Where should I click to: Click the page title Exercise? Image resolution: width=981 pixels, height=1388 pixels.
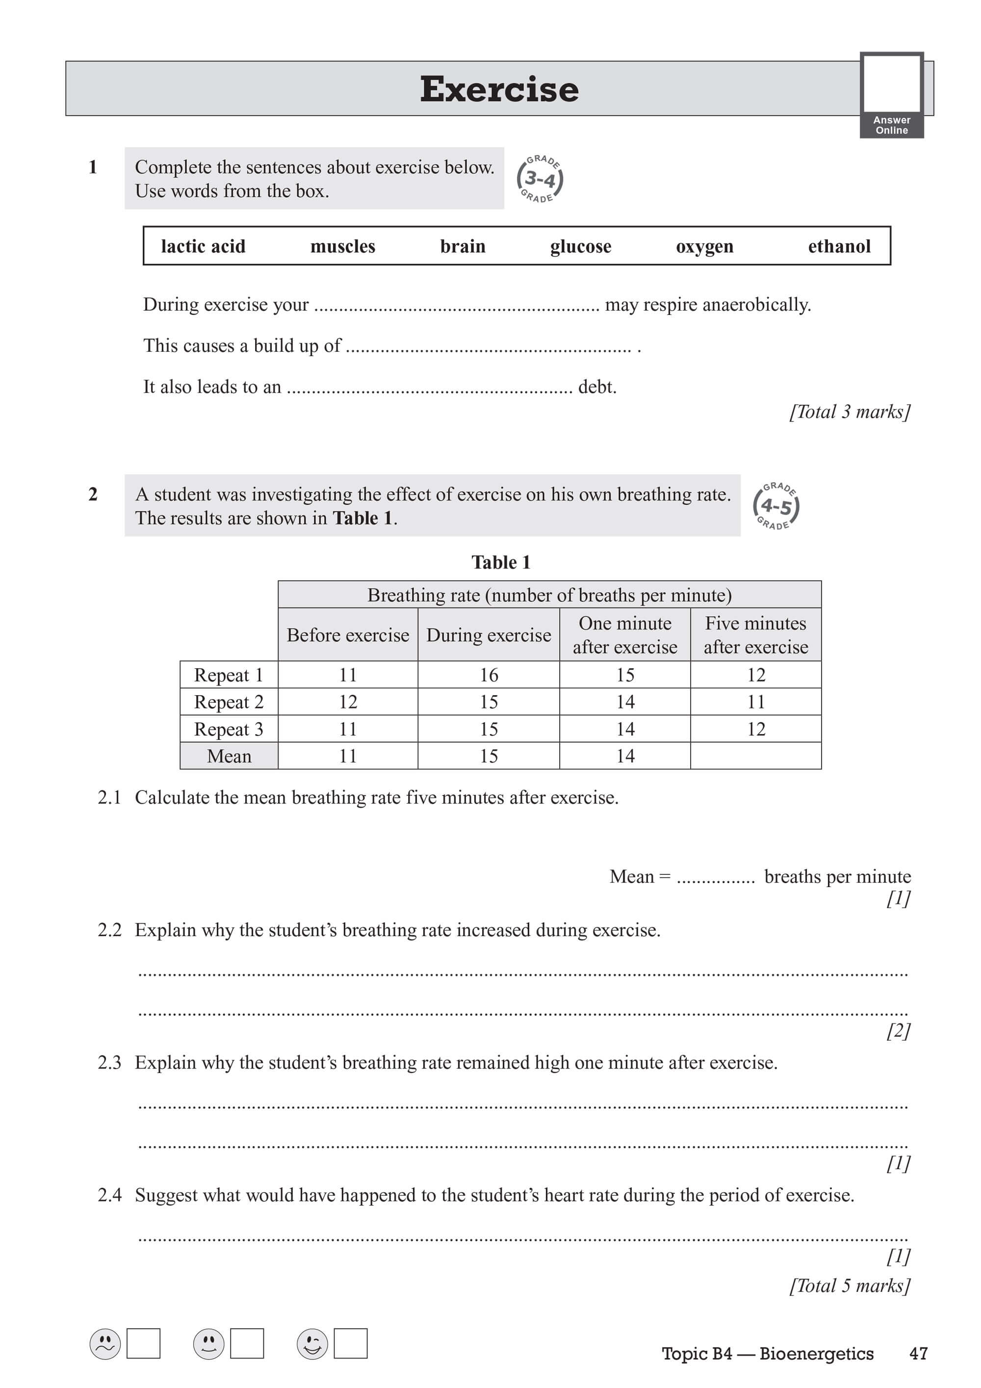499,89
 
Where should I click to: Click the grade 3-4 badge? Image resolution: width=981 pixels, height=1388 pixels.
540,179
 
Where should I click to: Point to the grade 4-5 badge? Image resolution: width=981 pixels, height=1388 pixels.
776,506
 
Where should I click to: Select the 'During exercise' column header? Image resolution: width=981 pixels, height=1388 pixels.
489,635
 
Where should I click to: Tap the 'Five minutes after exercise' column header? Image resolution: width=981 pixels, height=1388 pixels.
755,635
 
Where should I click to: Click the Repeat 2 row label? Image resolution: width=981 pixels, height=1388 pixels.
229,702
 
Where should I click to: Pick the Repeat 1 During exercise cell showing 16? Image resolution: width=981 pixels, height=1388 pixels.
489,675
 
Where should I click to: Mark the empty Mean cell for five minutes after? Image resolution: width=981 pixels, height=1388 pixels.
755,756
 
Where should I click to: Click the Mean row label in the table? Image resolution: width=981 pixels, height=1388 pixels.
229,756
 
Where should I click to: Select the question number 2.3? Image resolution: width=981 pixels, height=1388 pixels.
109,1062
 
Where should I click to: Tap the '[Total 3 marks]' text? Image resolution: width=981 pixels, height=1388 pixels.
849,412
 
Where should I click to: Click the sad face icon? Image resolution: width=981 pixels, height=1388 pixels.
105,1343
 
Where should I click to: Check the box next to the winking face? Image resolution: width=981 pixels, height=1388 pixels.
351,1343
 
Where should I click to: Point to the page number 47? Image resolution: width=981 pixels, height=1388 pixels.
918,1354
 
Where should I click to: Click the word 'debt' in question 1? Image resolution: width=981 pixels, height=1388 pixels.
596,387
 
